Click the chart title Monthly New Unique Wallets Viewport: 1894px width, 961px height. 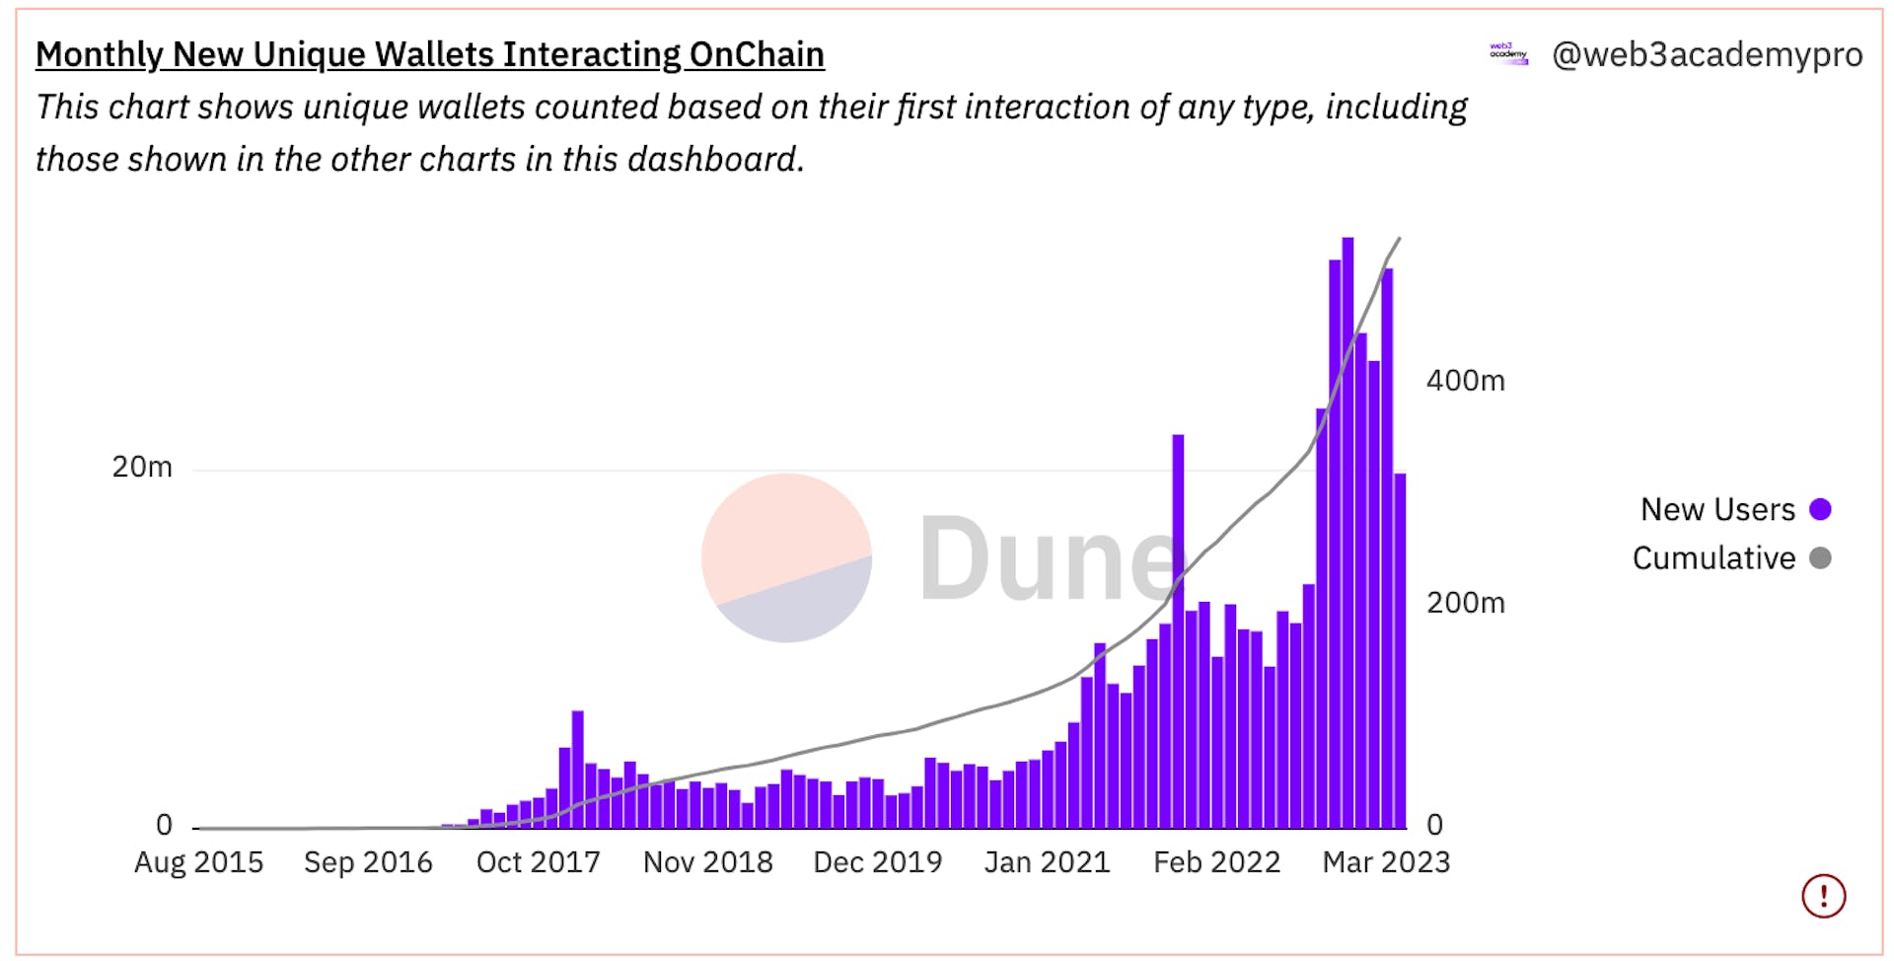tap(429, 54)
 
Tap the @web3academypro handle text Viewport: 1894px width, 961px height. tap(1707, 54)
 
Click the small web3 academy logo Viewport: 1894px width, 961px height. tap(1508, 54)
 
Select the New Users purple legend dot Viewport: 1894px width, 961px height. tap(1820, 509)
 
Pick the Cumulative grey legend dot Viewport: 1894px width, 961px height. tap(1820, 558)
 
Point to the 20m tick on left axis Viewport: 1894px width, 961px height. tap(142, 467)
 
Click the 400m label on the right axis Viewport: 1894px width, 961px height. tap(1465, 381)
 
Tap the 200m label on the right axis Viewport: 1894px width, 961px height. tap(1465, 603)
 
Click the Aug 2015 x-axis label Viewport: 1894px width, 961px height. tap(198, 862)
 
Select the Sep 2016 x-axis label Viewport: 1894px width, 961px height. tap(368, 862)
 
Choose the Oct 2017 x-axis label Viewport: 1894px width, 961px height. tap(538, 862)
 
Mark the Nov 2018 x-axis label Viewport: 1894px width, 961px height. tap(707, 862)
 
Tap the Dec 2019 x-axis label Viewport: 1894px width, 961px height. tap(877, 862)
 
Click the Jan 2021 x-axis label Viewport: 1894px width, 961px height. tap(1047, 862)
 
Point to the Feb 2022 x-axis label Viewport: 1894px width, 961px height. tap(1216, 862)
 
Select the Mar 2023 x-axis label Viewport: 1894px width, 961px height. tap(1386, 862)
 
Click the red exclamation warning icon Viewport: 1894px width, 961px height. tap(1823, 896)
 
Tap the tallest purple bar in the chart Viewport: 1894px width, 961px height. tap(1348, 533)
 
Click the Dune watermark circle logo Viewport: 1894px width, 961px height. tap(786, 557)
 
